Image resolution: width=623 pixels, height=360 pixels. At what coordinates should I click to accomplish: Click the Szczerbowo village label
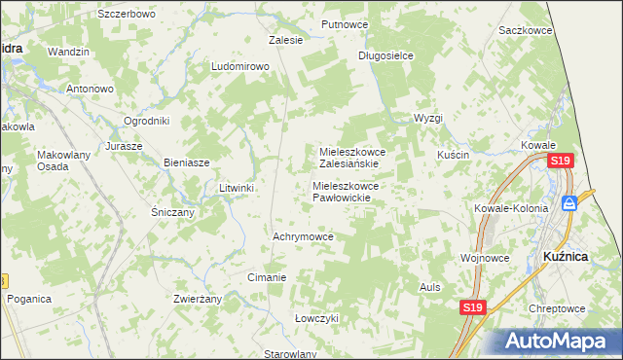click(127, 15)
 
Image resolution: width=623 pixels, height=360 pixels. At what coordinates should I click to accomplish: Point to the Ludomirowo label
click(239, 66)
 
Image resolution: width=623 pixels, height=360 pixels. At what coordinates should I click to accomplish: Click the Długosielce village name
click(385, 55)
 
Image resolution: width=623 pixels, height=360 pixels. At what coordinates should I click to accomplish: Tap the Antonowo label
click(91, 89)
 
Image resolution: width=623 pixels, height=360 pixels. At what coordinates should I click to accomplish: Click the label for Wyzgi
click(427, 118)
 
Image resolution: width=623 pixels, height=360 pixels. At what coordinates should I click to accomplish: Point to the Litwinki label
click(237, 188)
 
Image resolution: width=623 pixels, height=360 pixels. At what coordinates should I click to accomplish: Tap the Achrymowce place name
click(304, 236)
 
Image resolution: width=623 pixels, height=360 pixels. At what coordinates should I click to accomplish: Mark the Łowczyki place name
click(316, 318)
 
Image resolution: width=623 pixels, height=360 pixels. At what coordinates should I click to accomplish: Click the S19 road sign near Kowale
click(560, 162)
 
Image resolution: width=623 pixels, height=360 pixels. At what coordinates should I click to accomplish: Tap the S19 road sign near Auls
click(472, 307)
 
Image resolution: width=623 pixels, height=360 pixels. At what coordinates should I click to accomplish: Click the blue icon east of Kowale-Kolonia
click(569, 203)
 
